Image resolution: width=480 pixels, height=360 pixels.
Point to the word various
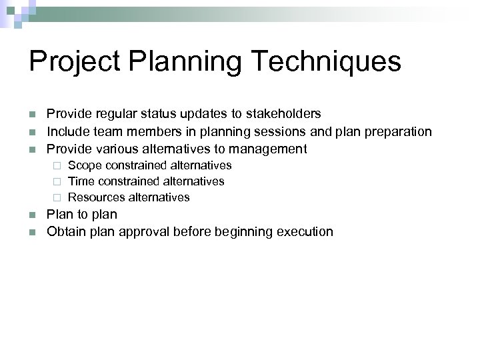[113, 149]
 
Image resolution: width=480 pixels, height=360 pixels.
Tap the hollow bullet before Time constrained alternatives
[57, 181]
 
